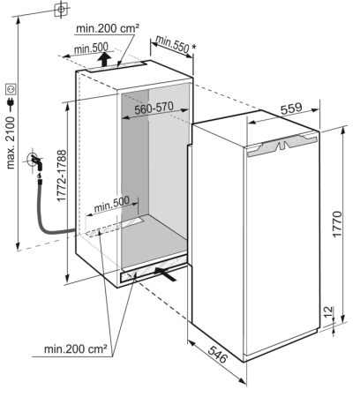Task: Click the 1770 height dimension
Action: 337,223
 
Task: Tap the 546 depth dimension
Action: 218,354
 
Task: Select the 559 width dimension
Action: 291,109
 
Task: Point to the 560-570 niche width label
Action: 154,109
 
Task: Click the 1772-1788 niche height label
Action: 62,176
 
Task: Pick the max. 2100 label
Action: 11,142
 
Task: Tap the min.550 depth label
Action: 172,44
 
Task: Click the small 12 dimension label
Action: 328,311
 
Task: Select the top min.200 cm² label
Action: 108,28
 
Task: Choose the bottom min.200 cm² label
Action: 76,349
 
